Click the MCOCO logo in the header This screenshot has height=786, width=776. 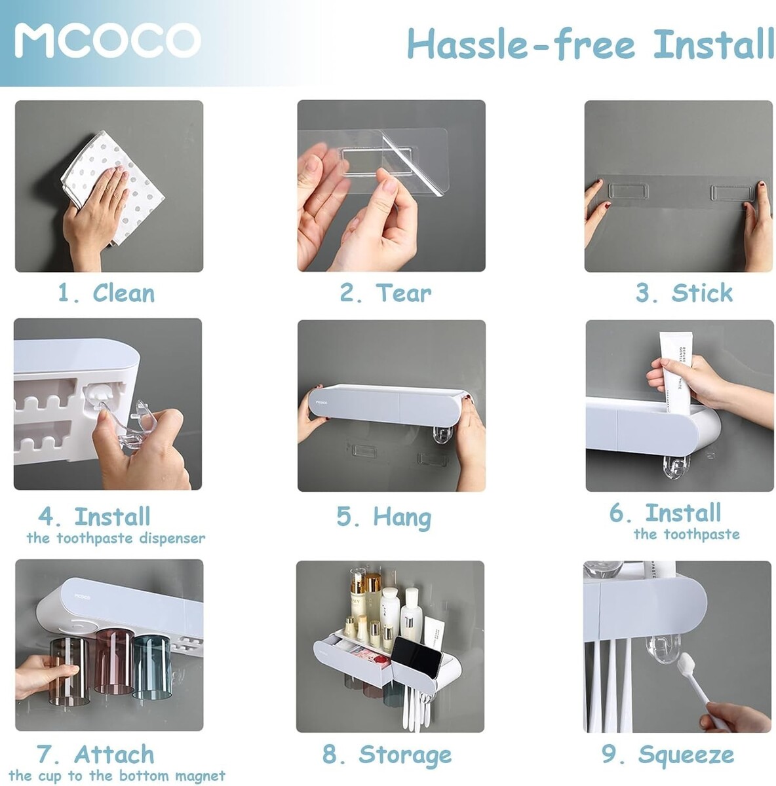point(107,40)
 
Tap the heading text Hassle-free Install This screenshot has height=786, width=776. point(591,44)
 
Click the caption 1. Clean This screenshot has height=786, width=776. point(107,292)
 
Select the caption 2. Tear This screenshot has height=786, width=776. point(385,292)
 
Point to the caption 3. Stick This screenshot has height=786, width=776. point(684,292)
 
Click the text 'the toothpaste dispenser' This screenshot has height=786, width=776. point(116,538)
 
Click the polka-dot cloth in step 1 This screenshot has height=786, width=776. point(112,187)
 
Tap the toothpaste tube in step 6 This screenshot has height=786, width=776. point(675,372)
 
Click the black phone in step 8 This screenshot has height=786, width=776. point(416,657)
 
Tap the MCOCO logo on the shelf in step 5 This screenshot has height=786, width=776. point(321,403)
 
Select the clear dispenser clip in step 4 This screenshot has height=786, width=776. point(138,425)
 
